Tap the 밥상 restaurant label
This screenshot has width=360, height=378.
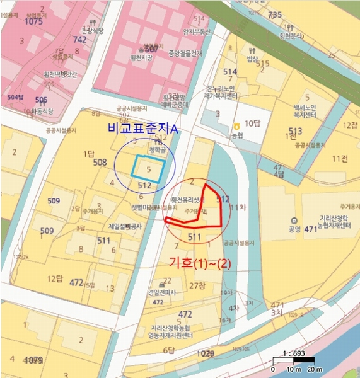(253, 59)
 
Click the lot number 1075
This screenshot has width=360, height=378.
(33, 21)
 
